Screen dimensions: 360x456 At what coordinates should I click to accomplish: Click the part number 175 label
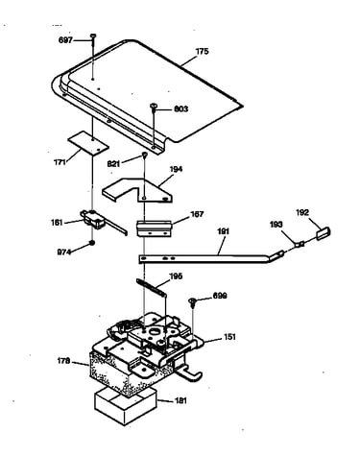(202, 51)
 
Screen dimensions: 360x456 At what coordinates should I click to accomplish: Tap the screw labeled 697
(93, 36)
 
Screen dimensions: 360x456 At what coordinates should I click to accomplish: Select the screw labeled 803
(154, 107)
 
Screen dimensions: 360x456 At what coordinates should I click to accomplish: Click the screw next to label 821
(145, 156)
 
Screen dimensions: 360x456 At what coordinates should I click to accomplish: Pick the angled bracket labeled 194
(137, 191)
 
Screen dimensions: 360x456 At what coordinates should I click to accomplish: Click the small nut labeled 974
(92, 244)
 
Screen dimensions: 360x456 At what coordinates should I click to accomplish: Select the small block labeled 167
(155, 228)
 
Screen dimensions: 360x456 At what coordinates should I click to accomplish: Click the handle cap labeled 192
(324, 233)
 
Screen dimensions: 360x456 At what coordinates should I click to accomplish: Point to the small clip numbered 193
(300, 245)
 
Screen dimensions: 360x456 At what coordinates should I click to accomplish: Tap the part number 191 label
(224, 231)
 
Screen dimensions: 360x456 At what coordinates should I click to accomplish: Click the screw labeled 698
(193, 301)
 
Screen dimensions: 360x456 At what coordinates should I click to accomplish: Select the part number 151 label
(229, 337)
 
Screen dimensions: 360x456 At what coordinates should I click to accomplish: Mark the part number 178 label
(63, 362)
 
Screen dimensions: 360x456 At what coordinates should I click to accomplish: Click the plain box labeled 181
(126, 406)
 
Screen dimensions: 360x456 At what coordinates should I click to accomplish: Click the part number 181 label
(180, 401)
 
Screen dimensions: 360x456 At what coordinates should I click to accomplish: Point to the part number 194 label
(176, 169)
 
